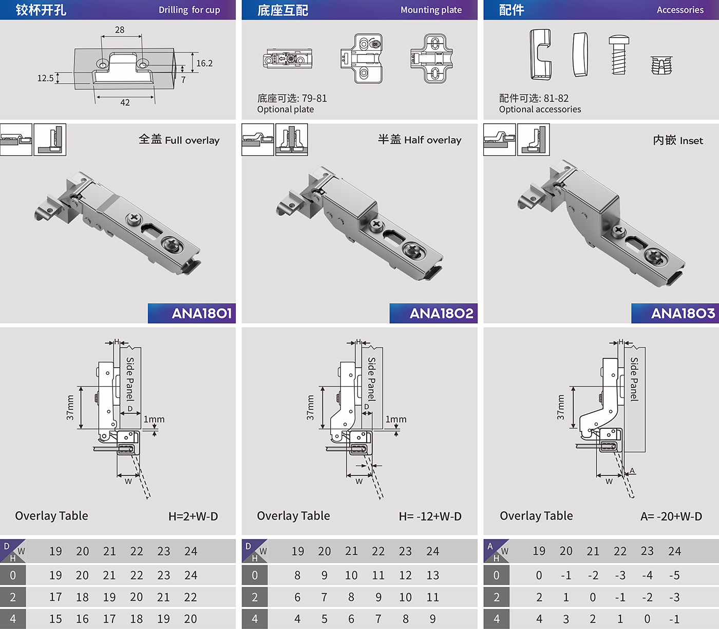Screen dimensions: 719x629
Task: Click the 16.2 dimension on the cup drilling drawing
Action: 204,63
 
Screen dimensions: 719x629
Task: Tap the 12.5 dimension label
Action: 45,78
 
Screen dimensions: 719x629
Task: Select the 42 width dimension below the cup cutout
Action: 125,103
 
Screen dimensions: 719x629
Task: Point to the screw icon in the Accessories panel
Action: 619,54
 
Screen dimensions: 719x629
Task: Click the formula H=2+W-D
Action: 193,516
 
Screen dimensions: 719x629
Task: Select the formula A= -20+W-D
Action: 671,516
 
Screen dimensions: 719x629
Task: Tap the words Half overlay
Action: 432,140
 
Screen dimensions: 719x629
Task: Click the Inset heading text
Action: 691,141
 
